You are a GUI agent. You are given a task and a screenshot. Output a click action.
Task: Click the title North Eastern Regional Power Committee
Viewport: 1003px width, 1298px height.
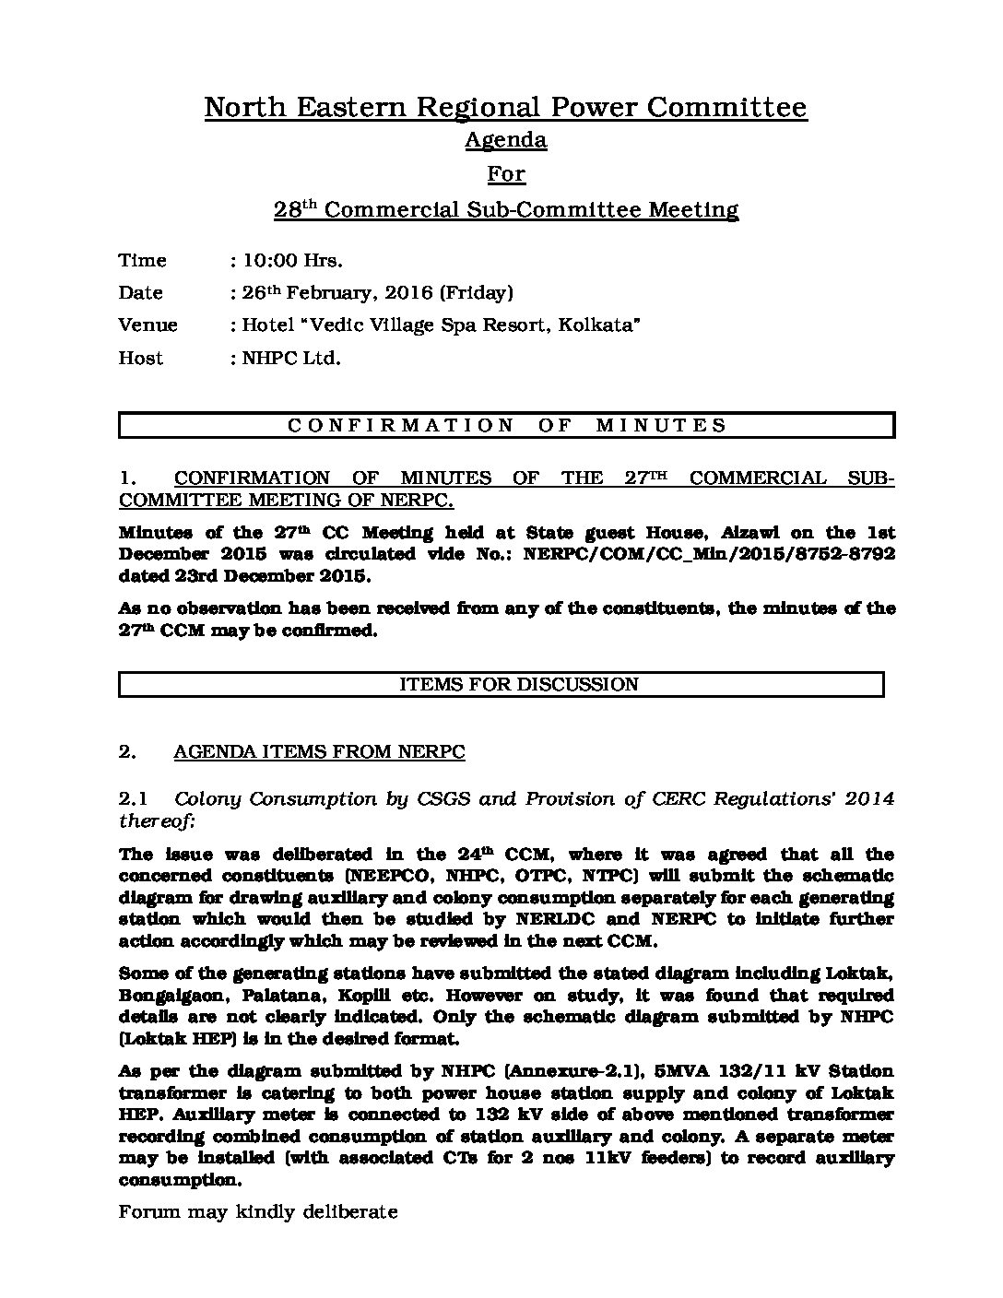pos(505,108)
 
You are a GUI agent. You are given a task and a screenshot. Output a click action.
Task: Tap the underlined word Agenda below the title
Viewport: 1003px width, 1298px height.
pos(505,140)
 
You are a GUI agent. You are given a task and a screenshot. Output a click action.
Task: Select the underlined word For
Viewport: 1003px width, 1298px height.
pos(505,174)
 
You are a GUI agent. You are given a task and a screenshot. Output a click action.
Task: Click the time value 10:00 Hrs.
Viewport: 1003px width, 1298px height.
pos(292,261)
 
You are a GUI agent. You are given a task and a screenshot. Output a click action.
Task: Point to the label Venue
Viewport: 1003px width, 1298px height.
pos(147,325)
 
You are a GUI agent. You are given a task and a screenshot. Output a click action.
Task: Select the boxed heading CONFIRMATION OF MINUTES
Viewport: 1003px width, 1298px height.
pos(506,426)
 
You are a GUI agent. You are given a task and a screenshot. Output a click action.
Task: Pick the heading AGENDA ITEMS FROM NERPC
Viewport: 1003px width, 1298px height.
pos(319,752)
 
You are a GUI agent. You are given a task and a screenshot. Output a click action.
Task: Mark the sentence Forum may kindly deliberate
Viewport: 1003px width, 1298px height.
pos(258,1212)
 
